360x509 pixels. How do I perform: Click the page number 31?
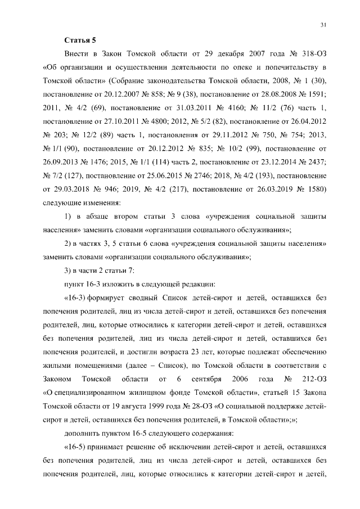tap(323, 25)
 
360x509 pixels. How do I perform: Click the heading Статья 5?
tap(80, 40)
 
